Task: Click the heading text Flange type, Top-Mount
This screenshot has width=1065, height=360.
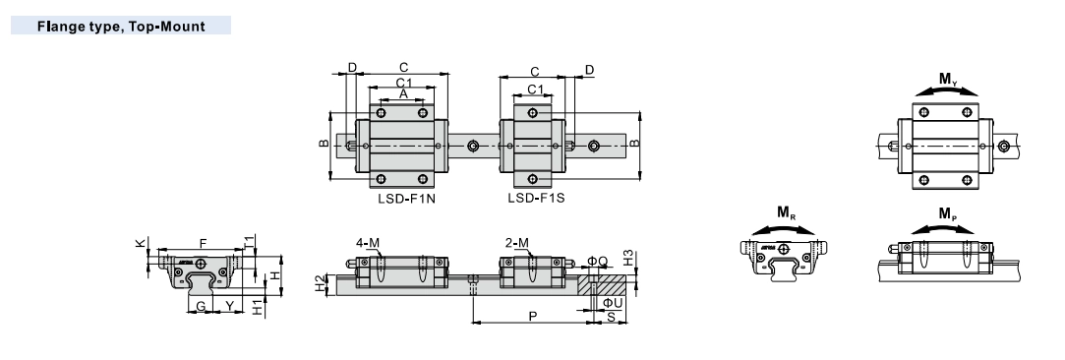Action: click(x=121, y=28)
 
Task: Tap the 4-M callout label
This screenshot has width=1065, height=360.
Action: click(x=368, y=243)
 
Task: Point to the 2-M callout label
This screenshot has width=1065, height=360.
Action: click(x=518, y=243)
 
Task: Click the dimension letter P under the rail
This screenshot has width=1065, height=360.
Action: click(x=533, y=317)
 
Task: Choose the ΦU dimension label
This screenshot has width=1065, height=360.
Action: click(x=613, y=302)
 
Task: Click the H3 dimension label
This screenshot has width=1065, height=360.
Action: click(x=628, y=258)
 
